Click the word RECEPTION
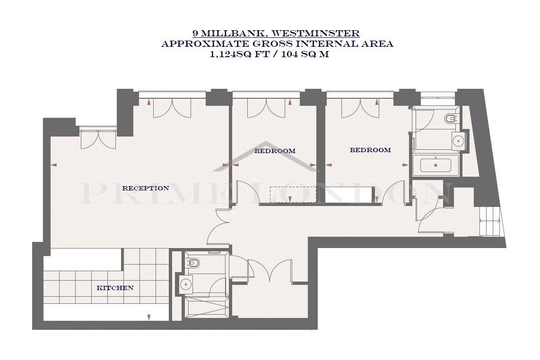pos(146,188)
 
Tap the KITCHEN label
pos(115,288)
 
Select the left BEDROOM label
pos(275,151)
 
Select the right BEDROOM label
pos(370,150)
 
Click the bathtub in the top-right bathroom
pos(435,165)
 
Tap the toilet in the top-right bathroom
pos(451,119)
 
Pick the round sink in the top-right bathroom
pos(458,140)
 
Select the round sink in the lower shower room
pos(186,284)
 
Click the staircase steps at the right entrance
pos(490,222)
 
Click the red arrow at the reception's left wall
pos(53,165)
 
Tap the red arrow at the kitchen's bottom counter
pos(149,317)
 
